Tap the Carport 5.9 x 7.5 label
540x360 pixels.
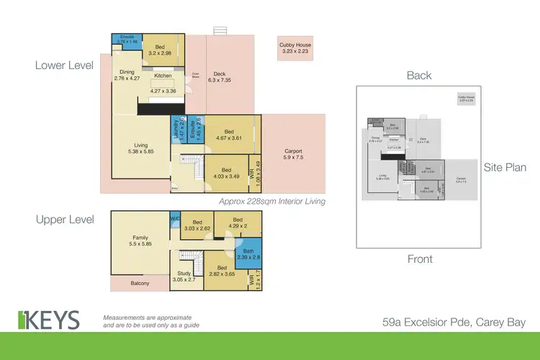tap(293, 154)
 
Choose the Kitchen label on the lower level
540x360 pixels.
tap(162, 76)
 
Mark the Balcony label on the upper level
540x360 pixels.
tap(140, 284)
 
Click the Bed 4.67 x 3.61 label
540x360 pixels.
tap(229, 135)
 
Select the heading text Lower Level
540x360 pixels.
tap(64, 65)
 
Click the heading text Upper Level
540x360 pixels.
tap(64, 220)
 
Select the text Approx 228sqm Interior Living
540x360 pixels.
tap(272, 202)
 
